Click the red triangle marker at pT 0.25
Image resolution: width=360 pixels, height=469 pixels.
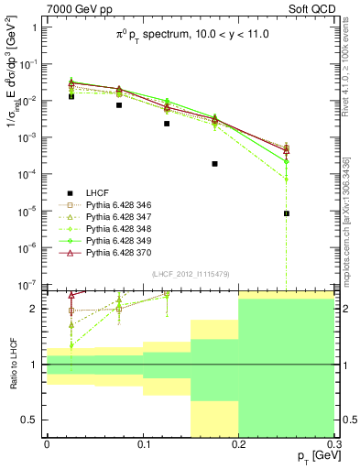click(287, 150)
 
